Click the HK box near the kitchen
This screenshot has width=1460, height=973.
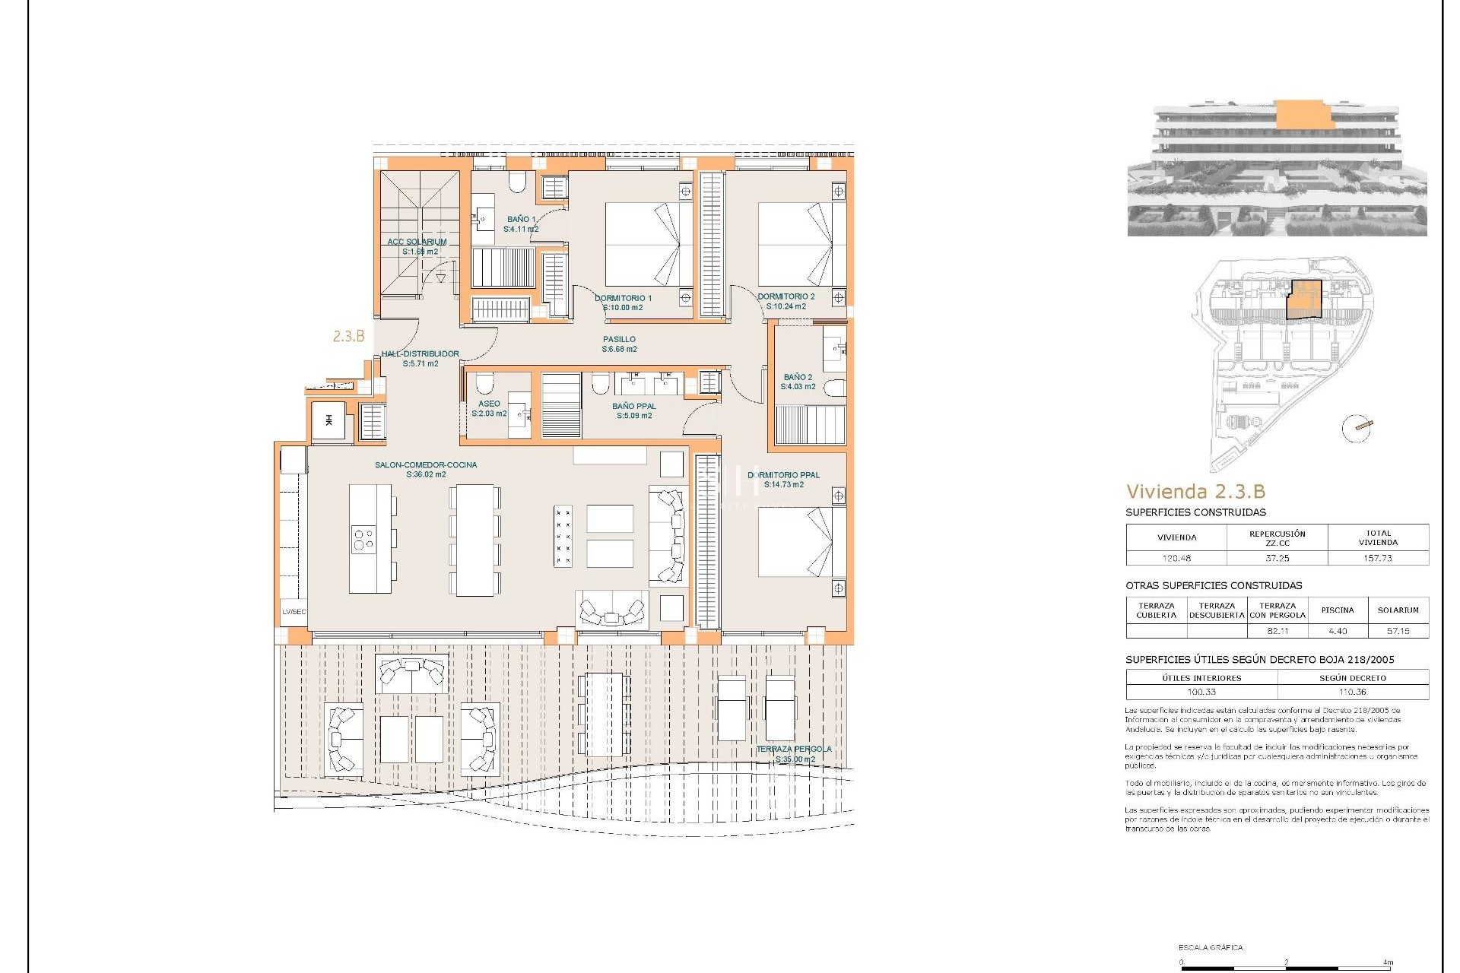[x=328, y=421]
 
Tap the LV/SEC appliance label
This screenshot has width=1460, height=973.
[x=294, y=612]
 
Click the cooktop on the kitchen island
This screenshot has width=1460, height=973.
[x=363, y=540]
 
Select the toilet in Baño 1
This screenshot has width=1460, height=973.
[x=517, y=182]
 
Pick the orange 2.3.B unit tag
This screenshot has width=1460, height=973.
[x=348, y=336]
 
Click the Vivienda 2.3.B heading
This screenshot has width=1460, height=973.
[x=1195, y=491]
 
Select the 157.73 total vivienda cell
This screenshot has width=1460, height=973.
[x=1378, y=558]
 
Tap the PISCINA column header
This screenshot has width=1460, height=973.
[x=1338, y=610]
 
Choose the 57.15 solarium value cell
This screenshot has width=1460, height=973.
[x=1398, y=631]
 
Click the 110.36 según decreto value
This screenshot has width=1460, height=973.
[x=1352, y=692]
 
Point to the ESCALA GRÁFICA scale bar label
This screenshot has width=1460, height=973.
[x=1211, y=947]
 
